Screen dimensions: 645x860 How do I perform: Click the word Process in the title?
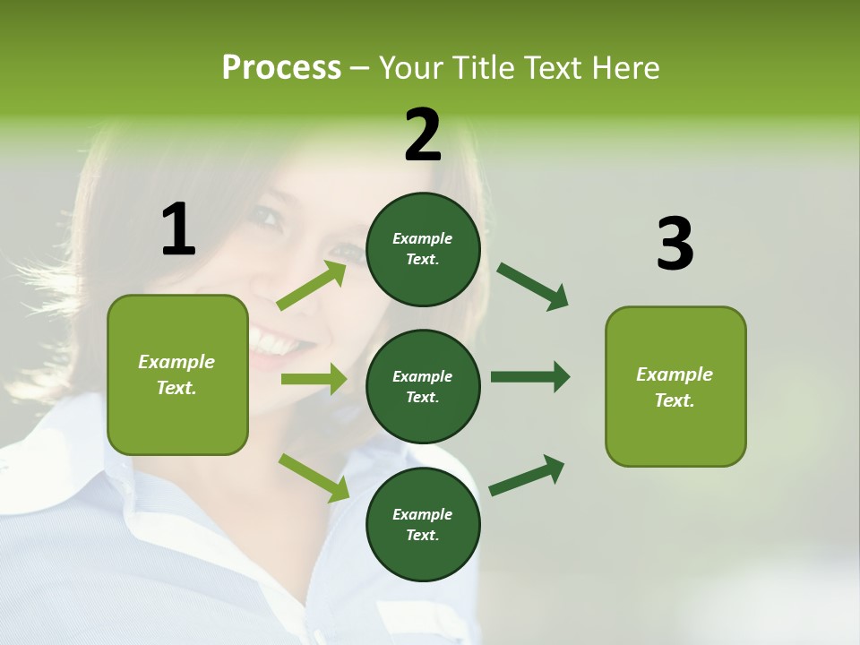[x=281, y=68]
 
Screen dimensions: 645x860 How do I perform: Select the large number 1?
[x=178, y=229]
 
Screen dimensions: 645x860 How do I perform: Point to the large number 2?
[x=423, y=134]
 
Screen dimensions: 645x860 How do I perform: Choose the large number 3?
[x=675, y=244]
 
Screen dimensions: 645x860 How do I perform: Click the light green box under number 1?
[x=177, y=374]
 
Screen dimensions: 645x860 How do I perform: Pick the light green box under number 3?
[x=675, y=387]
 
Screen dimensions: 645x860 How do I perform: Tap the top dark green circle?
[x=423, y=249]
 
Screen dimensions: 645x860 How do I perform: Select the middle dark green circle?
[x=423, y=386]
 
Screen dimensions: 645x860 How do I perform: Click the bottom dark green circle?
[x=423, y=524]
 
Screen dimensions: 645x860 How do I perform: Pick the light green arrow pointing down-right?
[x=314, y=477]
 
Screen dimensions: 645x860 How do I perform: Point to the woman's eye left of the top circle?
[x=268, y=217]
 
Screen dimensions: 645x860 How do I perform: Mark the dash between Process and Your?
[x=359, y=69]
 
